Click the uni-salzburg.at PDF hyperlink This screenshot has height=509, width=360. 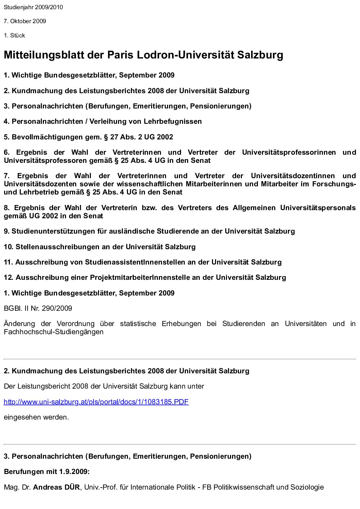[96, 402]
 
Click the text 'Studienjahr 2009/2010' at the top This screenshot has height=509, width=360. [33, 7]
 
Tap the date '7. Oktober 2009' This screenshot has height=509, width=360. [25, 21]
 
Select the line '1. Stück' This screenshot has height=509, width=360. [14, 35]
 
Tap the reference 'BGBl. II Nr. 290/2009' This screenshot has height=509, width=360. [38, 308]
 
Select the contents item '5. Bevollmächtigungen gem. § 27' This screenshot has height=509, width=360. [88, 137]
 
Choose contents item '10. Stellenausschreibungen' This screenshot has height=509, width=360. [100, 247]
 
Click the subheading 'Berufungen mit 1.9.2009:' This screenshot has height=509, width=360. [47, 472]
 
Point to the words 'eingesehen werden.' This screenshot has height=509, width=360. [36, 417]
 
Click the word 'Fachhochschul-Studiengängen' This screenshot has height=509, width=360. [53, 332]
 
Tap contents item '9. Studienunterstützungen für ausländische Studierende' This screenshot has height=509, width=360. [149, 231]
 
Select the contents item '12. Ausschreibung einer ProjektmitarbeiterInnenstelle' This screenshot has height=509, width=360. [145, 277]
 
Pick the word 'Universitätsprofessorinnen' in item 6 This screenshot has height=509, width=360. [289, 152]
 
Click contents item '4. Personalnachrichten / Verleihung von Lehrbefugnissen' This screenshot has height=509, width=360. [103, 121]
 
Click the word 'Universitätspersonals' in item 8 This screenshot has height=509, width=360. [318, 208]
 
